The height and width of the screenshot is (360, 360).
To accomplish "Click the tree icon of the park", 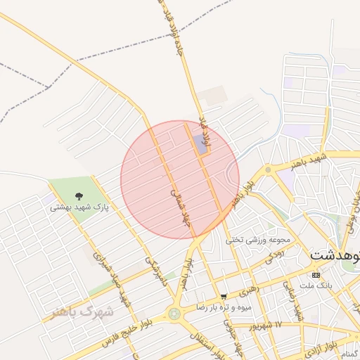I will (77, 198).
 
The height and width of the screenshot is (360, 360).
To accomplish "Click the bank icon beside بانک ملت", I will (316, 275).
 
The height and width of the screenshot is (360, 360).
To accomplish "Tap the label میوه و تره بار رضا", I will (224, 307).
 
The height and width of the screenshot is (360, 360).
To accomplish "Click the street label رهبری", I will (247, 288).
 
